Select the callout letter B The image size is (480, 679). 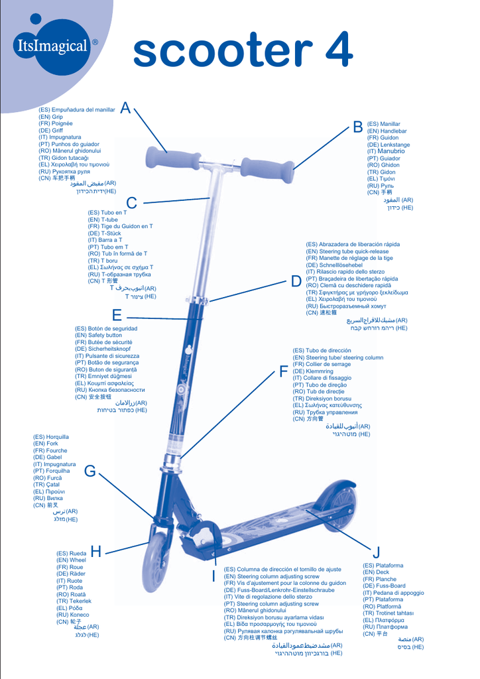[x=358, y=125]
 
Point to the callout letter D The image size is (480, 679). [x=296, y=281]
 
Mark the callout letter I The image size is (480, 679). [x=213, y=576]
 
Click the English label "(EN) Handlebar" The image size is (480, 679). [x=387, y=131]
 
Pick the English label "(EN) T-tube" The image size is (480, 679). [x=103, y=219]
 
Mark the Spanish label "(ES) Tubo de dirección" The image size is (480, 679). [x=322, y=350]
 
